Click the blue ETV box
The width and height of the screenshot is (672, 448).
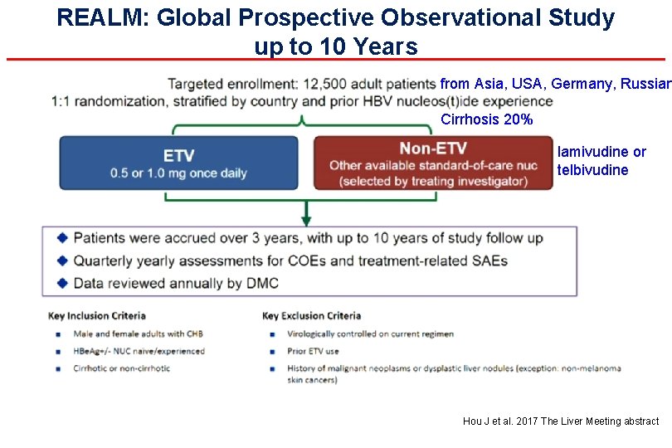[x=178, y=163]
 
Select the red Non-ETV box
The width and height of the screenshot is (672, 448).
[x=432, y=163]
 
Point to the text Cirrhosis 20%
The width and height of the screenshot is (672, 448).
[x=486, y=120]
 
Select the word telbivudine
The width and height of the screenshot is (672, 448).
[x=592, y=170]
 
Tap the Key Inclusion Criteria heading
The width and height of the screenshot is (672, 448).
[x=97, y=316]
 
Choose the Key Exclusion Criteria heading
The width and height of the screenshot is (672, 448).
[x=311, y=316]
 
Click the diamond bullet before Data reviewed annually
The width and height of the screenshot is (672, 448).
[x=61, y=284]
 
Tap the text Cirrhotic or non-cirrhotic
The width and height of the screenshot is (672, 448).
[x=121, y=368]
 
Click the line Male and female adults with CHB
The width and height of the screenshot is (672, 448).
[x=138, y=334]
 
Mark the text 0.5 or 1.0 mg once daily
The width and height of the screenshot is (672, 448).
[x=178, y=174]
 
